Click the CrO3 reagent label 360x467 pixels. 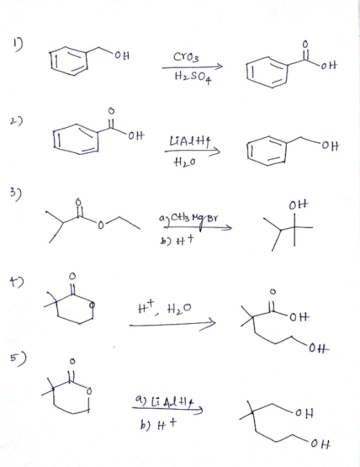coord(186,57)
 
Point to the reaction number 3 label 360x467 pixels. coord(17,195)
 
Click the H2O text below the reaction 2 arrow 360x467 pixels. coord(185,162)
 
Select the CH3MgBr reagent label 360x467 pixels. coord(189,220)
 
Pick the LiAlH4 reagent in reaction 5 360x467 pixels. coord(167,403)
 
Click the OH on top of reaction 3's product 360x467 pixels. coord(299,205)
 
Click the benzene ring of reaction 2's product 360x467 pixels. coord(267,151)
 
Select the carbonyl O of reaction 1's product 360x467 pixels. coord(305,44)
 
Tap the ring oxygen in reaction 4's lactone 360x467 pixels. coord(93,305)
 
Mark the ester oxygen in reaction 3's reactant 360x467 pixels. coord(101,225)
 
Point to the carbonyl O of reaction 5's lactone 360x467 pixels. coord(71,361)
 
